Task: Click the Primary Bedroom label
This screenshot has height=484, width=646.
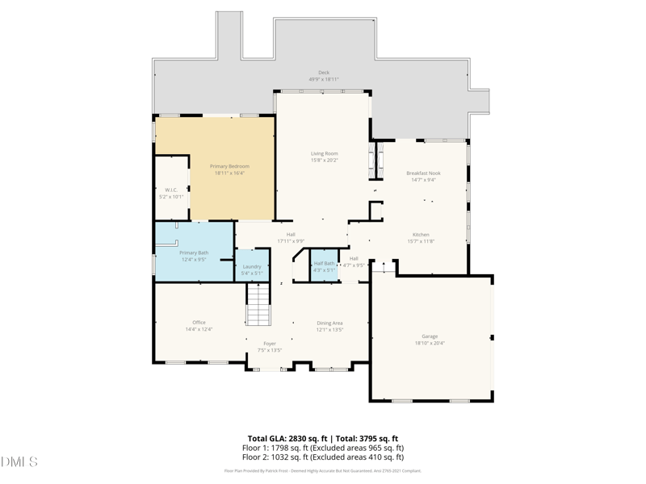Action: coord(229,166)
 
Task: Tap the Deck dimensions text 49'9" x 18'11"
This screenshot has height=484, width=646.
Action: coord(324,80)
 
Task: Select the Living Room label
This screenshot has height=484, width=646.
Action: coord(325,153)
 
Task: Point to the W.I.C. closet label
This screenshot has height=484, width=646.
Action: coord(171,190)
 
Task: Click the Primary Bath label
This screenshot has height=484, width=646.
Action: coord(194,252)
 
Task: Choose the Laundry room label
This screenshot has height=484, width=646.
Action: coord(252,266)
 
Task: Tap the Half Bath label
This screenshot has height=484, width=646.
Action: coord(324,263)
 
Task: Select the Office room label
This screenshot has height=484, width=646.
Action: coord(199,323)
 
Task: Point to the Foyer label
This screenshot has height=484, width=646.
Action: coord(270,344)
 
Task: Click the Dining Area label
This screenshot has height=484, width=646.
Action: coord(329,323)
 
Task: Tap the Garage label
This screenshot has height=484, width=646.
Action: coord(430,336)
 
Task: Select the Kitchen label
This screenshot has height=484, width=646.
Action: coord(421,235)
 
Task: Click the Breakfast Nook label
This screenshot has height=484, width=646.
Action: coord(423,173)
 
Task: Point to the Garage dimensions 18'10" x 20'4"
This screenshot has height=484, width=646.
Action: coord(430,343)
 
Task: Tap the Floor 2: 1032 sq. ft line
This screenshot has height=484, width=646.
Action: coord(323,457)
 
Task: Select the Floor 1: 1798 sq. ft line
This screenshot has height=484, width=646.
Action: coord(323,448)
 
